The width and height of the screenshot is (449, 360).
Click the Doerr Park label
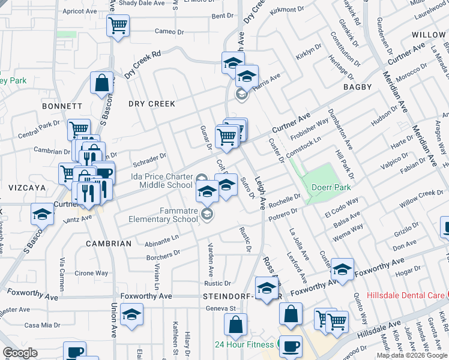pos(331,187)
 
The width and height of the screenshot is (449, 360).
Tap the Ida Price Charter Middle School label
pos(162,181)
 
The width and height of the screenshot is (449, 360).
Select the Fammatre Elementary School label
pos(162,215)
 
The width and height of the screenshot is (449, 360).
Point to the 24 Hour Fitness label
pos(245,344)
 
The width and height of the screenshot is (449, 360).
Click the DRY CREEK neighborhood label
pos(152,104)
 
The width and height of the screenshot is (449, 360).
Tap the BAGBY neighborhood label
pos(358,87)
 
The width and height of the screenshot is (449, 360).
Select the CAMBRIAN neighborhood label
pos(108,244)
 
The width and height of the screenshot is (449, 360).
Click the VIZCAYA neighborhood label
pos(27,188)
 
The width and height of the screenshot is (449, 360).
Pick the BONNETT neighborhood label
pos(62,106)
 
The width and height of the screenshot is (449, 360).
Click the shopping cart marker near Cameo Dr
pos(118,26)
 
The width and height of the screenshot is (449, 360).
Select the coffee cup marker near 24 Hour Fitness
pos(291,346)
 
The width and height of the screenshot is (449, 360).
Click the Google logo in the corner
pos(20,353)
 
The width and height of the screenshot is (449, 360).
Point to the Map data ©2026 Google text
pos(412,355)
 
